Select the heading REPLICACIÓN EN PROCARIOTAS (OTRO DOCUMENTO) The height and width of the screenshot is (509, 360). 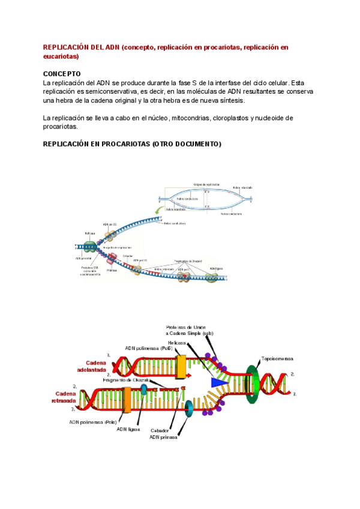(132, 145)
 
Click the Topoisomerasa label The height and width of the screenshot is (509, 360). (277, 358)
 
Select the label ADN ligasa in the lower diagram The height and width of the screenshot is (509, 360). (130, 429)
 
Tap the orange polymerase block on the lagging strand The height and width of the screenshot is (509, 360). (127, 400)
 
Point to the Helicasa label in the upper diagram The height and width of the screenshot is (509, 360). (89, 233)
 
